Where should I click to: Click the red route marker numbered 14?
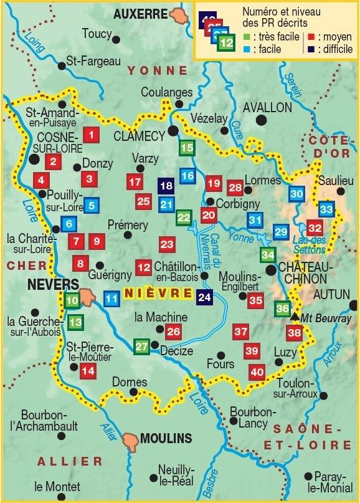88,371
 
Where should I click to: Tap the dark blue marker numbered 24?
205,297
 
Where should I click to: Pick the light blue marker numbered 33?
326,209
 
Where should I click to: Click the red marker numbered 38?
295,333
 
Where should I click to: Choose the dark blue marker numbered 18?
166,185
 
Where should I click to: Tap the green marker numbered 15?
187,148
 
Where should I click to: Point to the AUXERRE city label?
141,13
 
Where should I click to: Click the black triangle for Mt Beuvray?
295,317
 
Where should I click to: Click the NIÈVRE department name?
158,293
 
